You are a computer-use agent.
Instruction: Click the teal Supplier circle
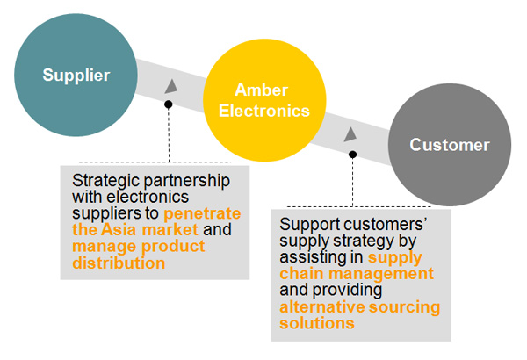click(x=76, y=75)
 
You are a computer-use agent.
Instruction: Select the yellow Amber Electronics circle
click(x=264, y=100)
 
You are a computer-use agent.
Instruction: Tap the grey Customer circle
click(x=450, y=145)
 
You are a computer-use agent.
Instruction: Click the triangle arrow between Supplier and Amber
click(x=171, y=86)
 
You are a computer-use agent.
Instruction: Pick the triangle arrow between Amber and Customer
click(x=350, y=134)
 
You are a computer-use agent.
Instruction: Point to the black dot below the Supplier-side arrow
click(x=169, y=104)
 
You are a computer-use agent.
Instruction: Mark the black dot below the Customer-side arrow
click(x=352, y=155)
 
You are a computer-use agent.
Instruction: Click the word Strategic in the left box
click(x=105, y=181)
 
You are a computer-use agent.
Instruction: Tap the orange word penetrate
click(x=202, y=213)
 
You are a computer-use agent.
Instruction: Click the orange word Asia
click(x=119, y=229)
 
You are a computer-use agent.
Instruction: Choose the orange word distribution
click(x=119, y=263)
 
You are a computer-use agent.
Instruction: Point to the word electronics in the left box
click(x=148, y=197)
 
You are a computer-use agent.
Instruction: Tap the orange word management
click(x=381, y=274)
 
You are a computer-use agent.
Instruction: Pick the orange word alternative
click(x=322, y=307)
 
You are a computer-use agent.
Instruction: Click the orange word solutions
click(x=317, y=323)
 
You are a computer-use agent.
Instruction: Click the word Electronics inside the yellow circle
click(x=264, y=111)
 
